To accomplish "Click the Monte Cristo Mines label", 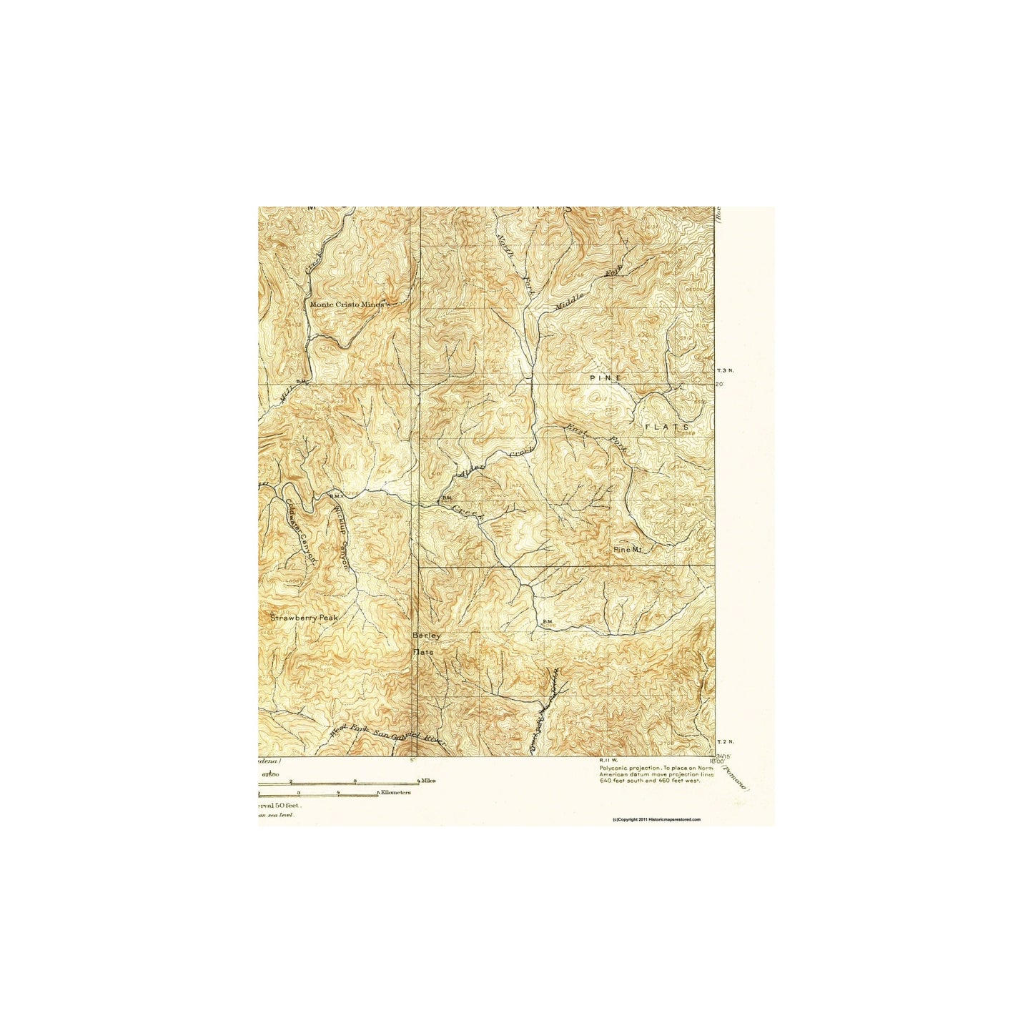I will [347, 304].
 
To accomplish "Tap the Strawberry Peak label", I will [304, 617].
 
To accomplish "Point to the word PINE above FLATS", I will [606, 377].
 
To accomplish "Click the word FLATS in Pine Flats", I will [667, 427].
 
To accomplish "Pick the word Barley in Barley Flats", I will [427, 636].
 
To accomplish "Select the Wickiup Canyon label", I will [342, 537].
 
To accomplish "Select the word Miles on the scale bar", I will [429, 781].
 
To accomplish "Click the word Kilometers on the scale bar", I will [395, 793].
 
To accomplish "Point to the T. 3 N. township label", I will [725, 370].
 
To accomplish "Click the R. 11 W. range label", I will [608, 760].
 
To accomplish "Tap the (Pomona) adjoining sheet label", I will [736, 777].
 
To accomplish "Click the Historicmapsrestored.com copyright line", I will [657, 820].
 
